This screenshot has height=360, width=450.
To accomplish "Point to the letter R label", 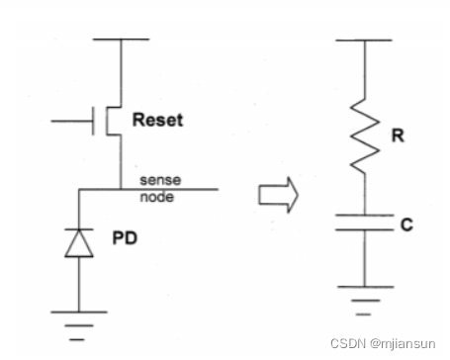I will click(397, 136).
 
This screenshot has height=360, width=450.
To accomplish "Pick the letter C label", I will click(405, 225).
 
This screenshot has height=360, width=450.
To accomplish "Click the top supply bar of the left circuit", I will click(121, 40).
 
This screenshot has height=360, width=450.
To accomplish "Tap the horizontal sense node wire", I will click(168, 189).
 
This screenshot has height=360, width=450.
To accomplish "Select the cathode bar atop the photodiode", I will click(79, 229).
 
